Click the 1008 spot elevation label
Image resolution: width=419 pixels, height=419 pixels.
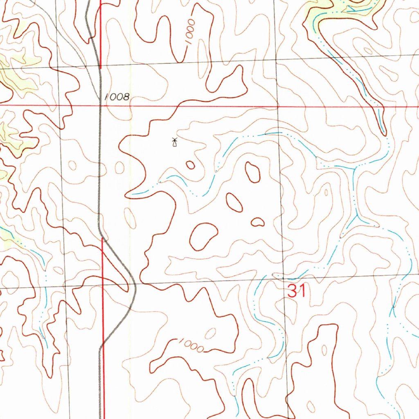click(x=117, y=97)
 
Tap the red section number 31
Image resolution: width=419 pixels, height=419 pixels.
click(x=297, y=291)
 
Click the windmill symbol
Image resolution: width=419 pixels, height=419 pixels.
click(x=174, y=142)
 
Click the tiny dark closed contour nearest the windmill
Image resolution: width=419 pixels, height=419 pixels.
click(x=190, y=165)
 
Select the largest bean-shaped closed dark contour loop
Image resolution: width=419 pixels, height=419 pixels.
click(x=203, y=236)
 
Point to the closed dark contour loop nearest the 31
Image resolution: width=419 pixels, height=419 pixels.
click(x=257, y=222)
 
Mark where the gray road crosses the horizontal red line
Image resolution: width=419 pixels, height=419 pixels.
click(x=101, y=106)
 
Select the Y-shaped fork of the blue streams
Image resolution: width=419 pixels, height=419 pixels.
click(x=357, y=215)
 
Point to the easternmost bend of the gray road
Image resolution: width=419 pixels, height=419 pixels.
click(x=135, y=286)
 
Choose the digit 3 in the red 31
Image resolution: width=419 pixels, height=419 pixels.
click(x=293, y=291)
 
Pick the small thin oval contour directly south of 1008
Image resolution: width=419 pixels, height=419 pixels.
click(x=120, y=167)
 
